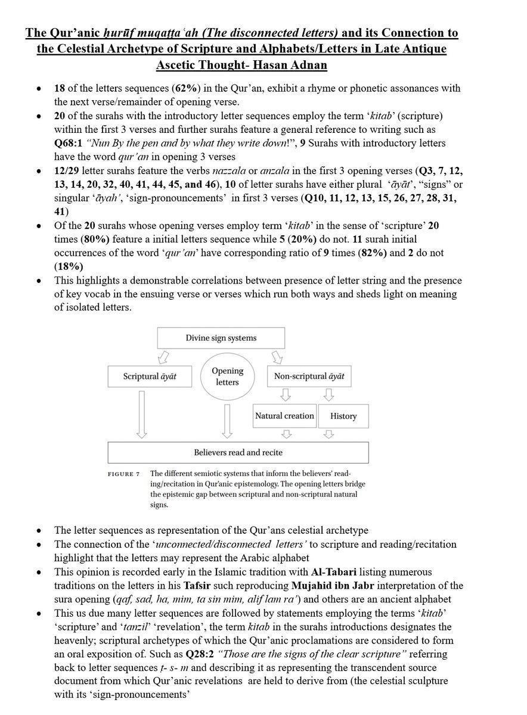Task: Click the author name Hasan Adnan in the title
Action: click(284, 64)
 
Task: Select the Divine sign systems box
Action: click(220, 338)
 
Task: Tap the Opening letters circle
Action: click(227, 376)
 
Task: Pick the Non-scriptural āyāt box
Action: click(309, 377)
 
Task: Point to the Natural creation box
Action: click(284, 416)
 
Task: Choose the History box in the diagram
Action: click(343, 416)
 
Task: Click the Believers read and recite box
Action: click(237, 452)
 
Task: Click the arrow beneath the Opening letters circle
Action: click(227, 420)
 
